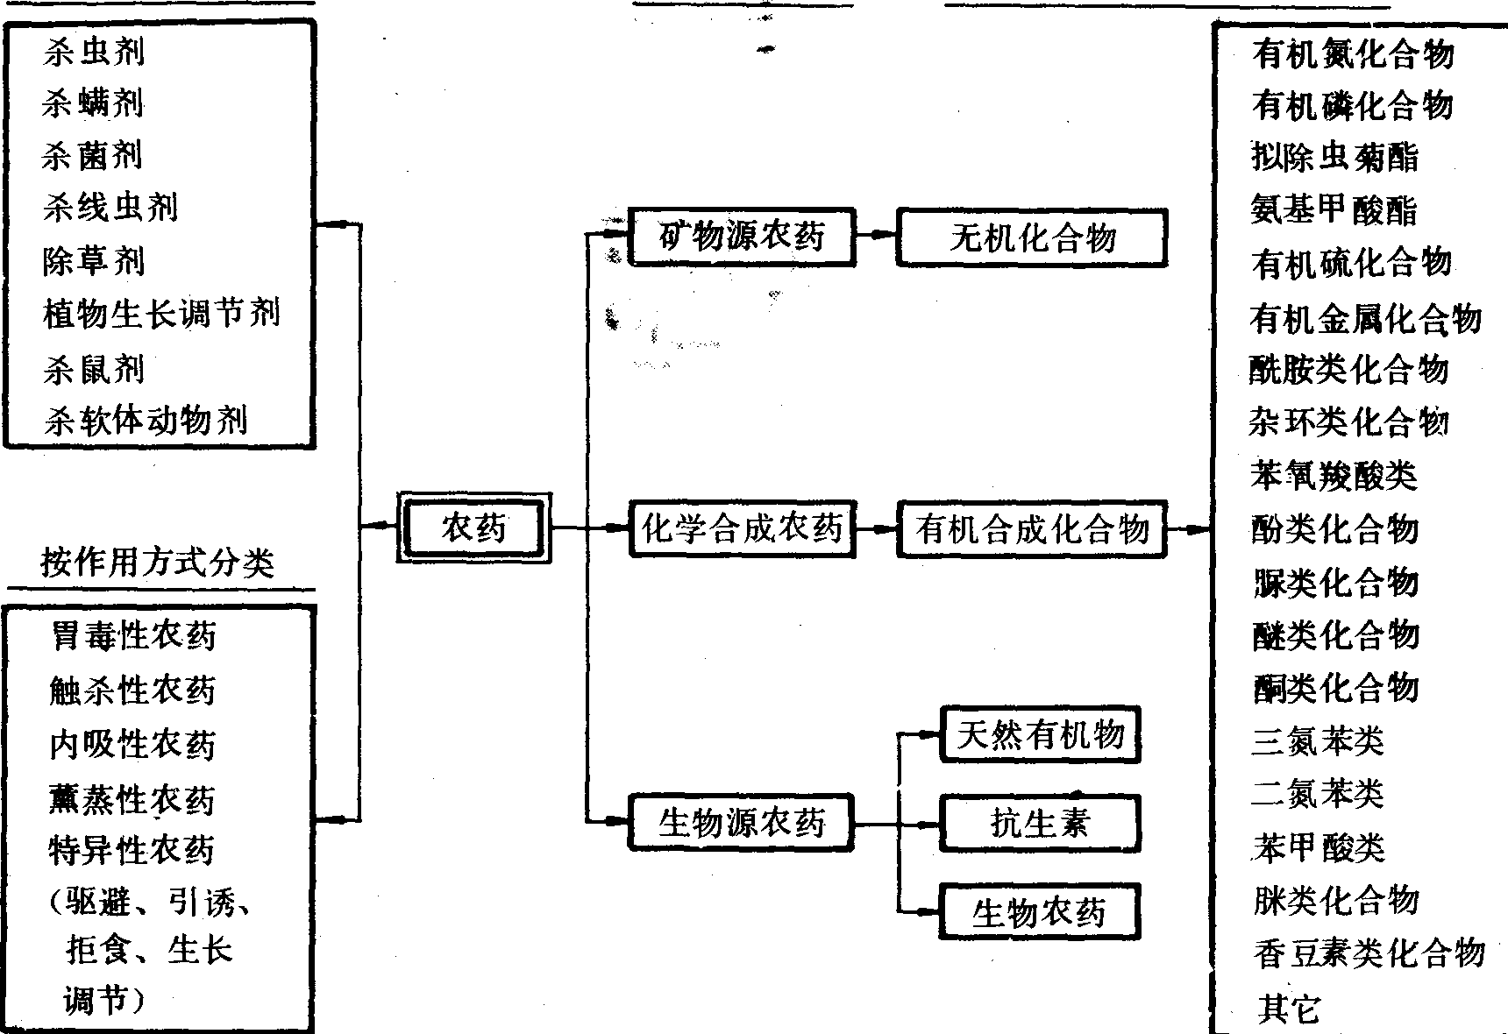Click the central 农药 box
tap(474, 528)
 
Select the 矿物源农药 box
tap(742, 237)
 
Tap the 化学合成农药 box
tap(742, 528)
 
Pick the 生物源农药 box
tap(742, 822)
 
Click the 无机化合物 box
tap(1032, 237)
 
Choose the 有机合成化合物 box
tap(1032, 528)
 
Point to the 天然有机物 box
tap(1040, 734)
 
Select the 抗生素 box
tap(1040, 823)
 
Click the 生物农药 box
tap(1040, 912)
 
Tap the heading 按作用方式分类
tap(158, 562)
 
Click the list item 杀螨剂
tap(93, 104)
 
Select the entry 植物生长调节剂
tap(161, 313)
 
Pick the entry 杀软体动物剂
tap(146, 421)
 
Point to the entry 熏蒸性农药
tap(132, 798)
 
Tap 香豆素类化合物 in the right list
tap(1369, 953)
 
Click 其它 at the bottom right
tap(1287, 1009)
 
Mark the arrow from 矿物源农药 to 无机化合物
tap(876, 235)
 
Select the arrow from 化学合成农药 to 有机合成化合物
tap(876, 528)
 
